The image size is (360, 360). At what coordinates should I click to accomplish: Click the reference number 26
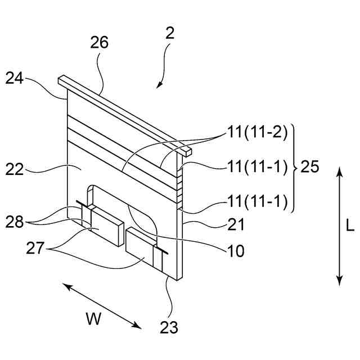pyautogui.click(x=99, y=43)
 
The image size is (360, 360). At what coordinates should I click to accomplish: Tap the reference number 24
pyautogui.click(x=15, y=78)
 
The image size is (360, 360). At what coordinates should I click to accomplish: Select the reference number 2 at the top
pyautogui.click(x=170, y=33)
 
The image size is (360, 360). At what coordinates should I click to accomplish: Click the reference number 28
pyautogui.click(x=15, y=221)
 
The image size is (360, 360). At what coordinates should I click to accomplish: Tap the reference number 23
pyautogui.click(x=169, y=326)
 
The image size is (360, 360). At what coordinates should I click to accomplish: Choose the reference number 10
pyautogui.click(x=237, y=251)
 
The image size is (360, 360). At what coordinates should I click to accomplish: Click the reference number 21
pyautogui.click(x=237, y=226)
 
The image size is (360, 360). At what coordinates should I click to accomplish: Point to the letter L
pyautogui.click(x=349, y=226)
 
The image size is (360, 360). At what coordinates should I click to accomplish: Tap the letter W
pyautogui.click(x=93, y=319)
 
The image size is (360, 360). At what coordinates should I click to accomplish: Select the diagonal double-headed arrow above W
pyautogui.click(x=102, y=306)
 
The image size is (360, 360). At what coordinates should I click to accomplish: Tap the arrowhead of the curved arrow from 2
pyautogui.click(x=159, y=85)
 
